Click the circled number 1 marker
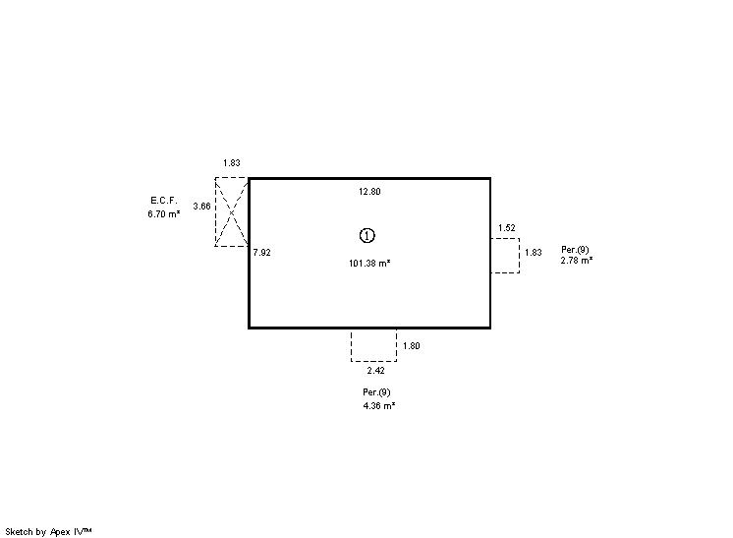(x=366, y=235)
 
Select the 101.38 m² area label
(x=369, y=263)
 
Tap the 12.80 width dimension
(x=369, y=192)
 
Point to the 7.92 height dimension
(x=261, y=252)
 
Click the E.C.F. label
(x=164, y=201)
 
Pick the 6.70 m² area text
(x=164, y=213)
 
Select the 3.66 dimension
(x=202, y=206)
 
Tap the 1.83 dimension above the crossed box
(x=232, y=163)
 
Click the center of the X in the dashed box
(x=232, y=212)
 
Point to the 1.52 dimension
(x=507, y=228)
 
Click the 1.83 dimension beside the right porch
(x=533, y=252)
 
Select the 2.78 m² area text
(x=577, y=260)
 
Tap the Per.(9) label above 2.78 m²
(x=575, y=250)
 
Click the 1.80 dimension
(x=412, y=346)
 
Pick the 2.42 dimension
(x=376, y=371)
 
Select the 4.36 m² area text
(x=379, y=405)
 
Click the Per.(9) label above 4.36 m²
(x=376, y=392)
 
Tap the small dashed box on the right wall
(x=519, y=256)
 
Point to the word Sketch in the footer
(x=20, y=532)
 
